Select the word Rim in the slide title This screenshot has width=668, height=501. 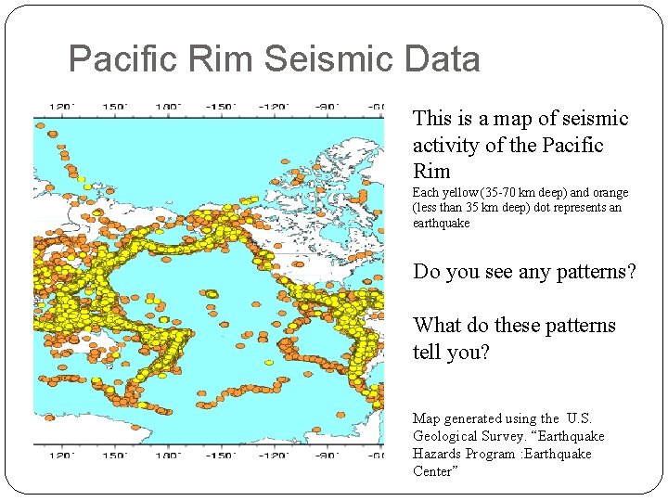pos(225,60)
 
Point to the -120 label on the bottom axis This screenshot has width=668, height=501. pos(274,456)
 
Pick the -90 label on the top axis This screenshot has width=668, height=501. pos(326,107)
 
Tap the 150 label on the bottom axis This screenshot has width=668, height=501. pos(116,456)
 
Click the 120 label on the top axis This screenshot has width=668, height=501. pos(61,107)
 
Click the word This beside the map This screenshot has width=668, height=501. pos(431,119)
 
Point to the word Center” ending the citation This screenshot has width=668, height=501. pos(436,471)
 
